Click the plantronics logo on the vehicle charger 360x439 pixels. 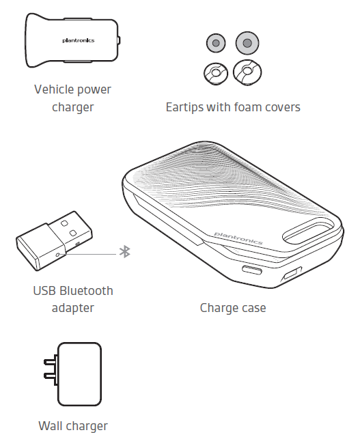(78, 40)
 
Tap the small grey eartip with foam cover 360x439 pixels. (216, 43)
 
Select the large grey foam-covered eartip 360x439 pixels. (247, 43)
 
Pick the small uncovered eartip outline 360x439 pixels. (216, 74)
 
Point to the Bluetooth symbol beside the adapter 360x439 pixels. (125, 252)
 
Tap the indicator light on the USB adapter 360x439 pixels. (58, 255)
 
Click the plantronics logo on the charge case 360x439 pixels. (238, 238)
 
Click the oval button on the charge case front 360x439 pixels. (252, 270)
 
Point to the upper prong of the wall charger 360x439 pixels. (51, 362)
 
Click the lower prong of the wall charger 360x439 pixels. (51, 376)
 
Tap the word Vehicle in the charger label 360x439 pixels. (52, 89)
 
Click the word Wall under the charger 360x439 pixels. (49, 426)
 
